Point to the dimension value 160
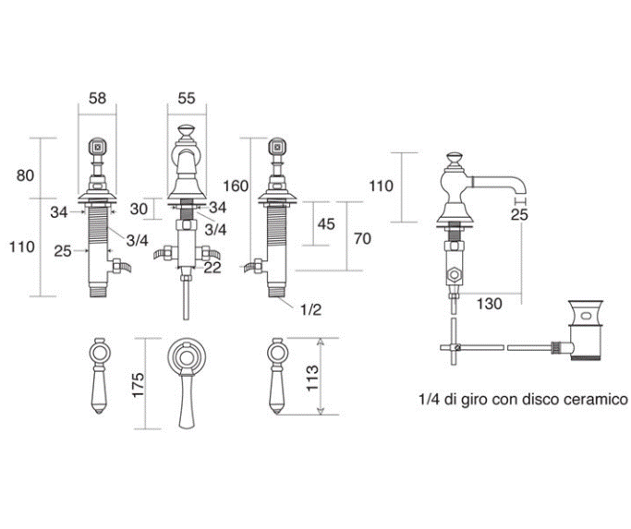point(236,186)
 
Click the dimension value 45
point(325,224)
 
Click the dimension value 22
point(213,267)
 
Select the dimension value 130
point(491,303)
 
